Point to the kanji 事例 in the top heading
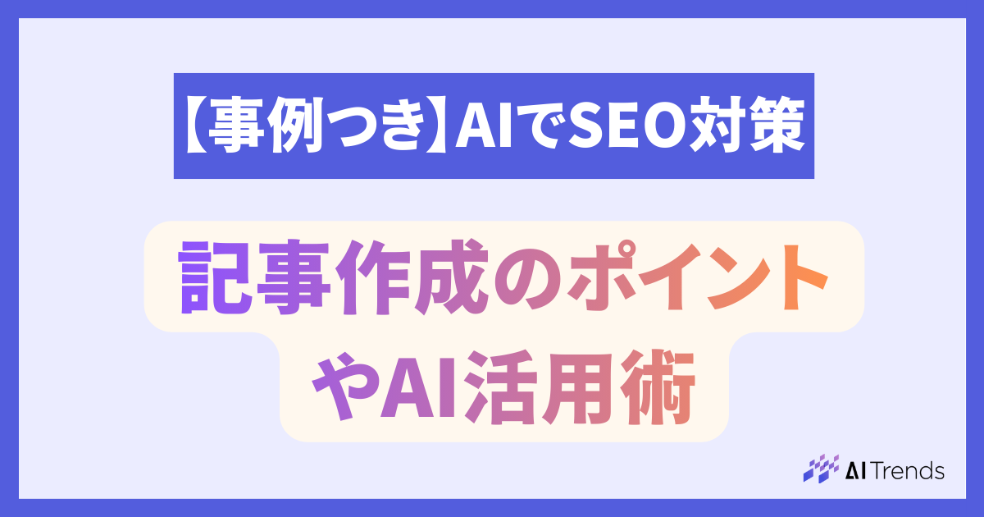click(267, 126)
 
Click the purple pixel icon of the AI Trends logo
click(820, 469)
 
